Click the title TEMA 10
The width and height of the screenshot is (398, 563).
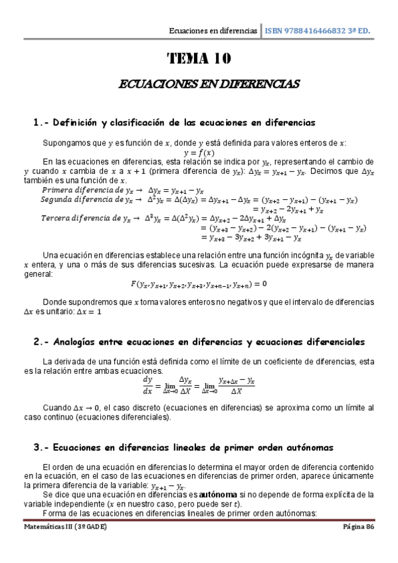pos(199,59)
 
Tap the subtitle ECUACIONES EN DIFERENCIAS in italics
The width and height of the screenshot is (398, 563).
pos(199,84)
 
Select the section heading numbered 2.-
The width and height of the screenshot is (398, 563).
pos(199,342)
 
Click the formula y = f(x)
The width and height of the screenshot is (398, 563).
pos(199,152)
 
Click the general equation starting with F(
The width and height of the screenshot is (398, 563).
pos(199,284)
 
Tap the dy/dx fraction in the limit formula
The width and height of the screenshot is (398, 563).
pos(148,386)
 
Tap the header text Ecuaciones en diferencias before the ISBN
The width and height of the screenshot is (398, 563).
pos(213,31)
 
